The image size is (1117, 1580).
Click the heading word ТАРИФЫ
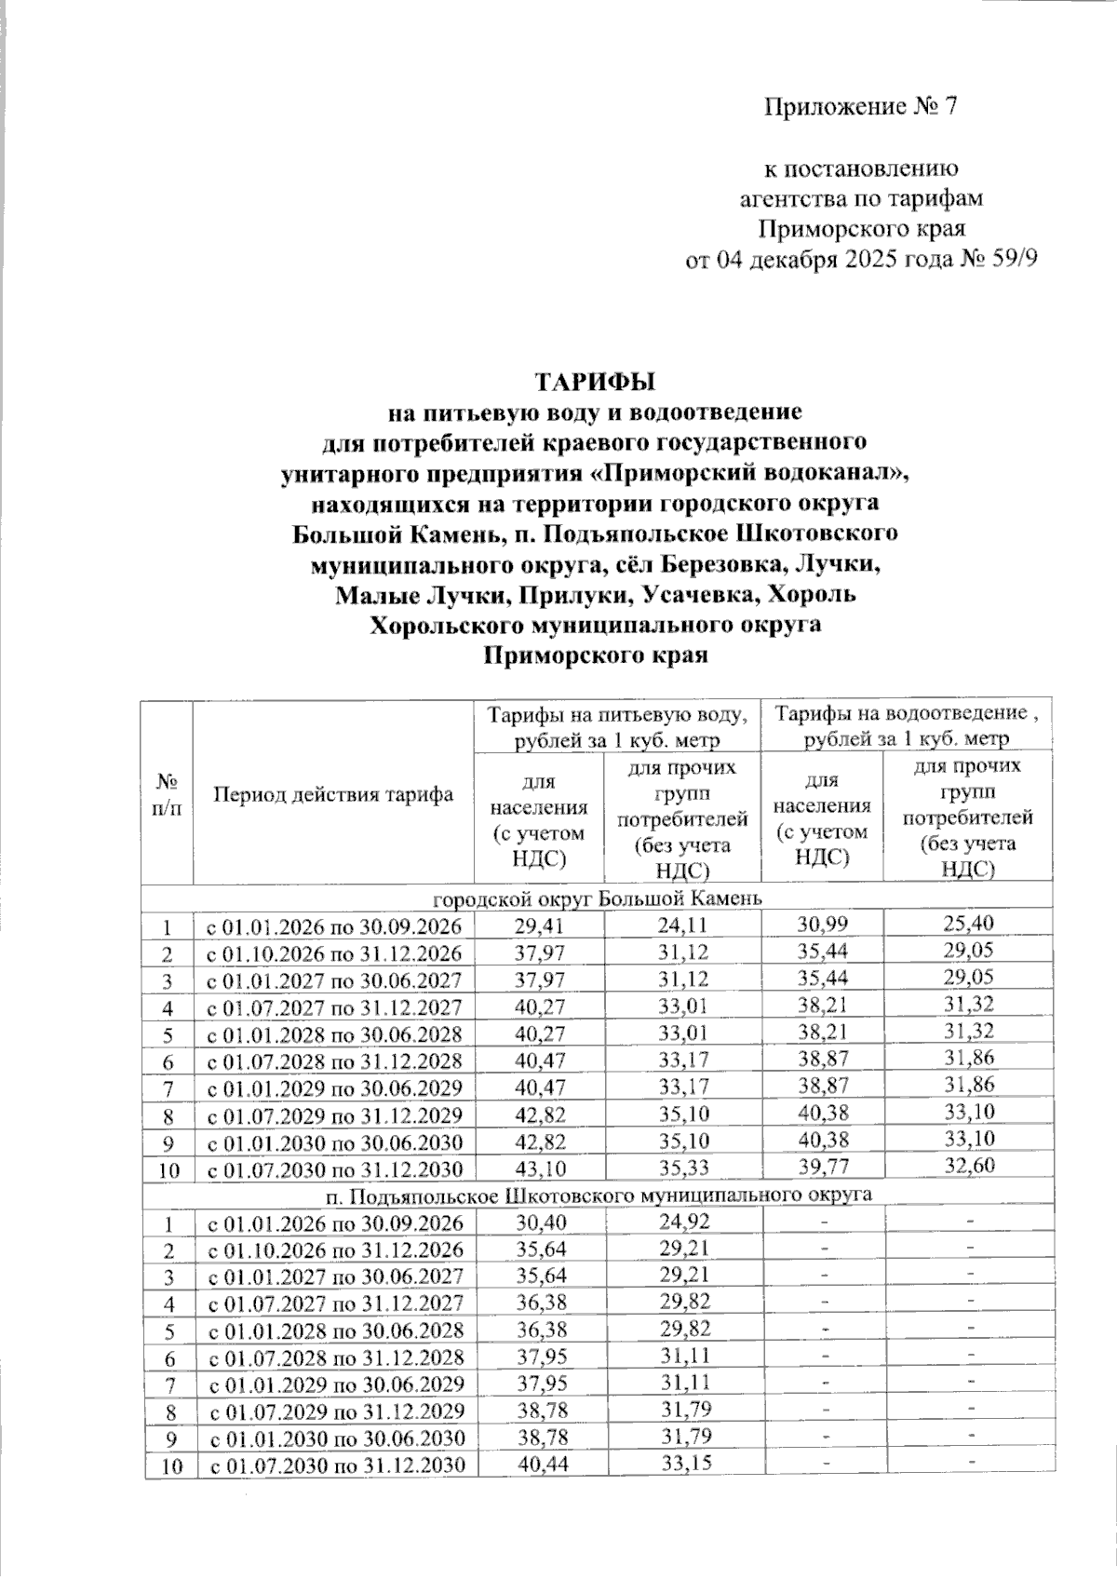(595, 382)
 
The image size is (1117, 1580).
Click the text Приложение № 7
(861, 107)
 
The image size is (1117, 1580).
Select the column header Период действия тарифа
(333, 794)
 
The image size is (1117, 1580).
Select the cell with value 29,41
(539, 925)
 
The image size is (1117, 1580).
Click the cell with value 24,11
(682, 925)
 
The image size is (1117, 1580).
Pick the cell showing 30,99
(822, 924)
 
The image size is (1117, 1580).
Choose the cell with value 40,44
(539, 1465)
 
